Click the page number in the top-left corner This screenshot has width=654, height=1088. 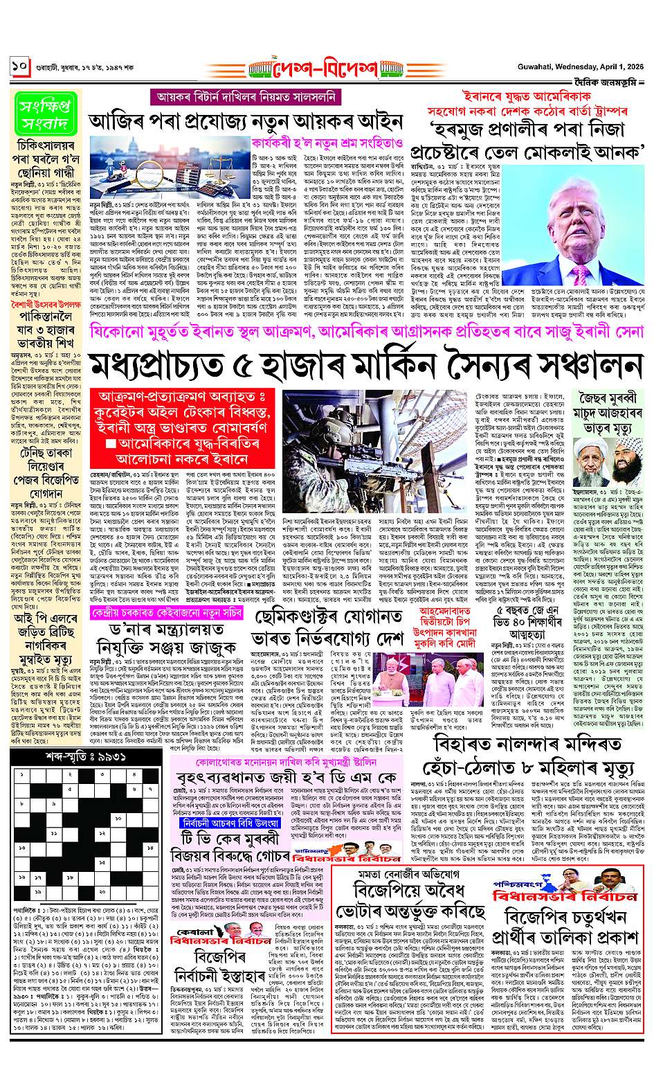19,68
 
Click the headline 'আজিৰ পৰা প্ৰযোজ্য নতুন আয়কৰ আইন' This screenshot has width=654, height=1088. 246,121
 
